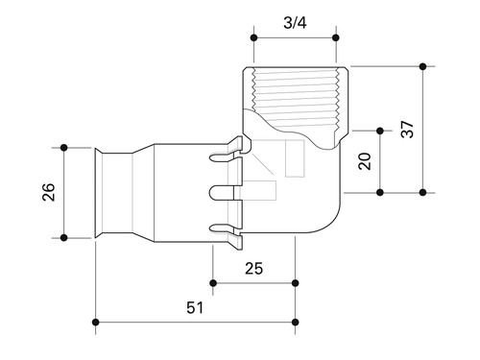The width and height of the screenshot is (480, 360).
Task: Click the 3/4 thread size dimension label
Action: point(295,23)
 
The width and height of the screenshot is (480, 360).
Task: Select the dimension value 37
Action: point(407,130)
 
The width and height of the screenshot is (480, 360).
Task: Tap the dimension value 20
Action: point(365,161)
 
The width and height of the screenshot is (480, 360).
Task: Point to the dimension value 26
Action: point(49,192)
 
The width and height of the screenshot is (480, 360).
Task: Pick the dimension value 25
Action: point(253,269)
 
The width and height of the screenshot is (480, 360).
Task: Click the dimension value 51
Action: point(195,308)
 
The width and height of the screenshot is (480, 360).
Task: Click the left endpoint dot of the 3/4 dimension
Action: point(254,37)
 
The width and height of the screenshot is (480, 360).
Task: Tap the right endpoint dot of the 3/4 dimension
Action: point(336,37)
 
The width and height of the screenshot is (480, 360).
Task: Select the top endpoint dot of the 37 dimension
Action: point(423,66)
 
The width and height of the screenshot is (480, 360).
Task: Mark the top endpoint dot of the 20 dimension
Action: point(380,131)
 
